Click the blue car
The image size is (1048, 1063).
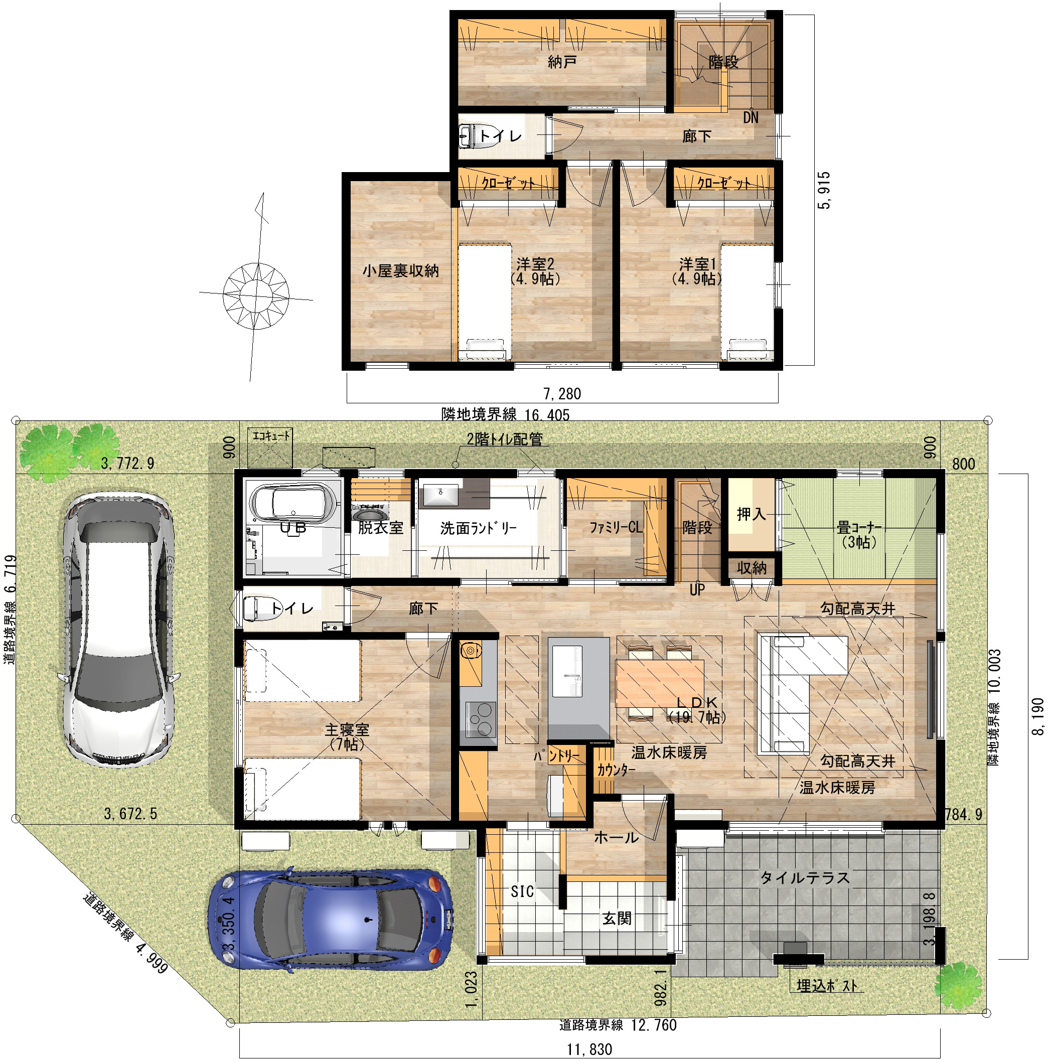(330, 919)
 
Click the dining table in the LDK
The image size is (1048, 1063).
(660, 683)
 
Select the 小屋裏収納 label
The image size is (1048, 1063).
(400, 271)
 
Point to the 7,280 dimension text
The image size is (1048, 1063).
(562, 393)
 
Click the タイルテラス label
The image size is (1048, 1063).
(805, 878)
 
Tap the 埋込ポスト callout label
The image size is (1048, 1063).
(827, 986)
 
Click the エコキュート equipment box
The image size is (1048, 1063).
(270, 447)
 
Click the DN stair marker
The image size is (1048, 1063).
(751, 117)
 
